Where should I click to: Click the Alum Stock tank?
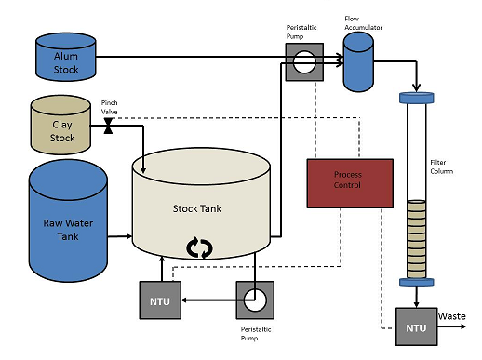66,57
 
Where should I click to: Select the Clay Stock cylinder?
60,125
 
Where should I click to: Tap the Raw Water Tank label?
68,230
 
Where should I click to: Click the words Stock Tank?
197,208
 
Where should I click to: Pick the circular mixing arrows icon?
199,247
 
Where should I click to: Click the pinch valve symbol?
108,126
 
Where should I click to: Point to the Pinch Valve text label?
110,107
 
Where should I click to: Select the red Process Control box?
350,183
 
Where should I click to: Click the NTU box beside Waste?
416,327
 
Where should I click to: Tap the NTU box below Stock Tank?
160,300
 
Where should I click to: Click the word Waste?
451,316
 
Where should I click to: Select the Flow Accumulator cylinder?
358,62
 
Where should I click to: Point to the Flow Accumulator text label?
363,23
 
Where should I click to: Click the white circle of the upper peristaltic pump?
304,62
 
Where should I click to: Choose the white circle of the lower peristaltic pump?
255,300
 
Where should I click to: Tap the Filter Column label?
441,167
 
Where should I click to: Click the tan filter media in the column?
416,239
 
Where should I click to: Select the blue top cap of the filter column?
416,98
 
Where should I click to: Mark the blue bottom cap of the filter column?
416,282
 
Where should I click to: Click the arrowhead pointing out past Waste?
463,327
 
